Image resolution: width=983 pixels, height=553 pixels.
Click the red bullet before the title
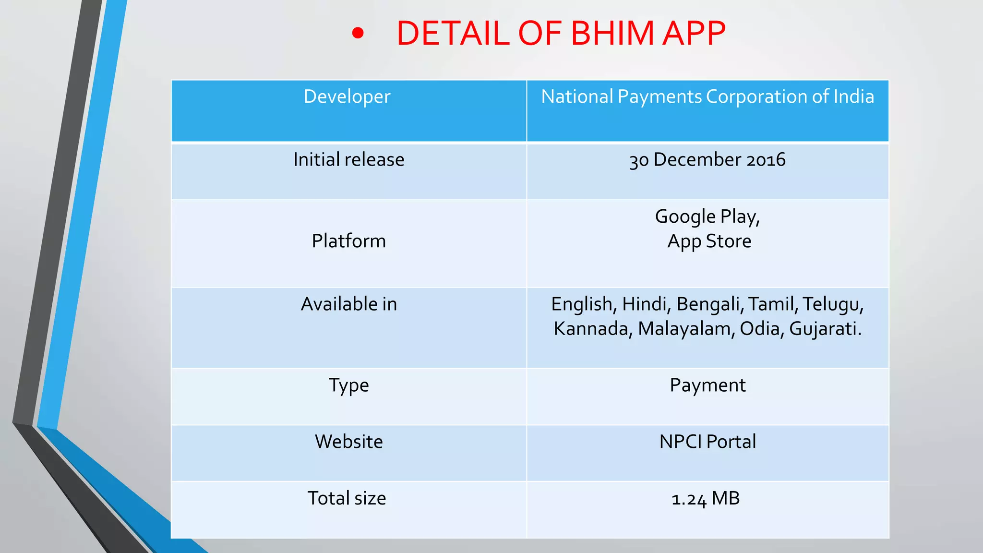pyautogui.click(x=358, y=33)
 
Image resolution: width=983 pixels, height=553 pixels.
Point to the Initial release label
pyautogui.click(x=349, y=160)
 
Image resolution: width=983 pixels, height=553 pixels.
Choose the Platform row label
pyautogui.click(x=349, y=241)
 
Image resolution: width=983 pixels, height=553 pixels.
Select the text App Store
pyautogui.click(x=709, y=241)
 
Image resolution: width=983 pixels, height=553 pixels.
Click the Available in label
pyautogui.click(x=349, y=304)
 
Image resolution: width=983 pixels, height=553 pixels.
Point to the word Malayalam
pyautogui.click(x=686, y=329)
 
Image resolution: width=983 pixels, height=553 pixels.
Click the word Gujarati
pyautogui.click(x=825, y=329)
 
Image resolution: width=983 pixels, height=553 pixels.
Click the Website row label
pyautogui.click(x=349, y=442)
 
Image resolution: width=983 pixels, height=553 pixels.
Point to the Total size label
pyautogui.click(x=347, y=498)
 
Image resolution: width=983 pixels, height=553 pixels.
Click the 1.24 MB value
pyautogui.click(x=706, y=499)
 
